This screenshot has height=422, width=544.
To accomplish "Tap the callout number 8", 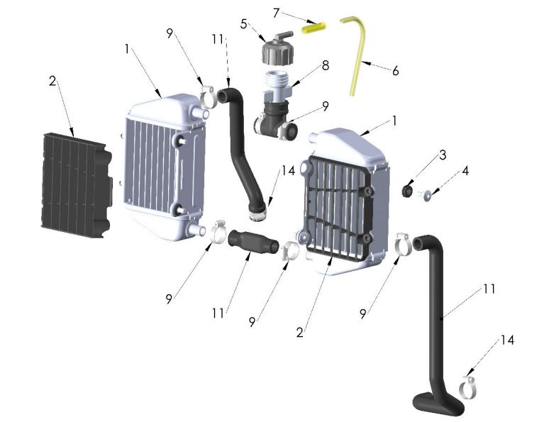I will pos(326,65).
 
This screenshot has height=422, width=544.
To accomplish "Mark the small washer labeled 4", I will pos(428,195).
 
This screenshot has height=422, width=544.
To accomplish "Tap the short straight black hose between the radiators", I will pos(252,241).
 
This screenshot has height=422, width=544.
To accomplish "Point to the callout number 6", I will pos(395,72).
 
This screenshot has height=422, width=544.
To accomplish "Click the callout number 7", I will pos(276,13).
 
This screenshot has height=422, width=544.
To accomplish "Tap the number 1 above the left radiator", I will pos(127,50).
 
